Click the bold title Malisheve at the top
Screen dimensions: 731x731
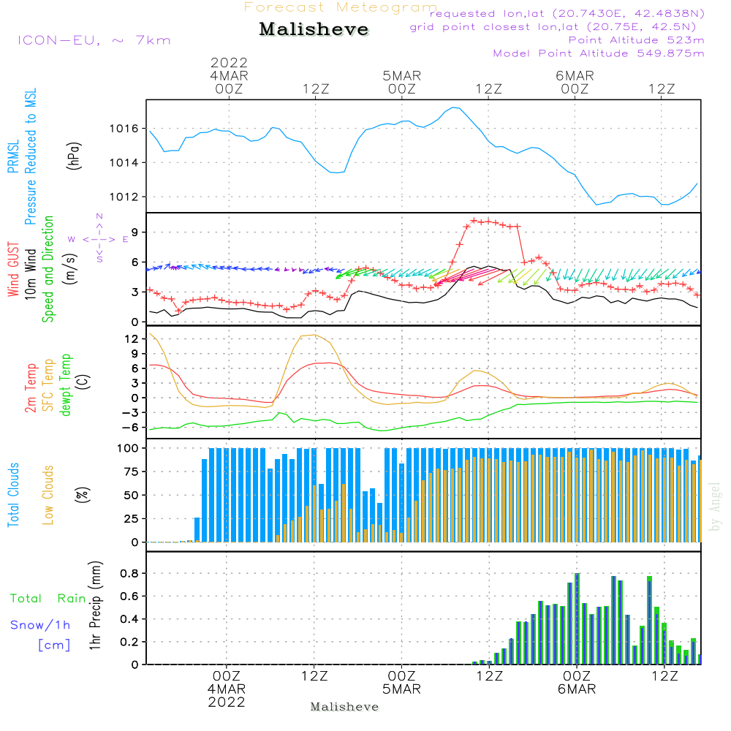tap(314, 30)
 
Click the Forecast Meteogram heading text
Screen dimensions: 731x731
tap(341, 7)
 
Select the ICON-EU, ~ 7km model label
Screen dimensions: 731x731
tap(94, 40)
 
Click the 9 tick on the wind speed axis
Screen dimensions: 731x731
tap(135, 232)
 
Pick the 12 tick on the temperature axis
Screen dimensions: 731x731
tap(132, 339)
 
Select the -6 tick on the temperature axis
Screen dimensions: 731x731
tap(130, 428)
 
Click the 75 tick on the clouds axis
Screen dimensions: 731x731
tap(131, 472)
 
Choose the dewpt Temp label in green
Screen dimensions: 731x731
tap(67, 385)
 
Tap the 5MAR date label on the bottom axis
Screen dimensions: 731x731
tap(401, 689)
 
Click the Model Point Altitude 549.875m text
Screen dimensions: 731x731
tap(599, 53)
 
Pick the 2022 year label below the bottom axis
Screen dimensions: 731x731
tap(227, 702)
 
